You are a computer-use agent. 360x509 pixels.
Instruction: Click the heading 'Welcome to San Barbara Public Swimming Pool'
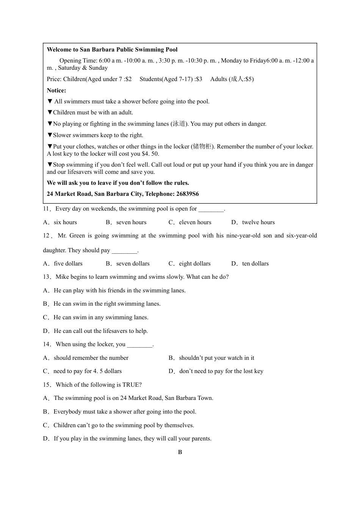click(x=112, y=50)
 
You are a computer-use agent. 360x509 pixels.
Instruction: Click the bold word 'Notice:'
click(x=56, y=91)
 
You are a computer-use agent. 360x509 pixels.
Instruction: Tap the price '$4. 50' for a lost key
click(x=150, y=154)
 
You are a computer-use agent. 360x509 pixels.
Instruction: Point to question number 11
click(x=47, y=209)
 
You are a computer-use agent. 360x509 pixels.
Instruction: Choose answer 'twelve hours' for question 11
click(x=258, y=222)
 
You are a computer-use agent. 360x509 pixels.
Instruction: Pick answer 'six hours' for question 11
click(x=65, y=222)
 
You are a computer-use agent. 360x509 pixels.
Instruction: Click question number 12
click(x=47, y=236)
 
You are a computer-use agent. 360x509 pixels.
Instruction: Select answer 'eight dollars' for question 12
click(x=194, y=264)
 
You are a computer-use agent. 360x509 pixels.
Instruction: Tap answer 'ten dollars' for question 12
click(x=255, y=264)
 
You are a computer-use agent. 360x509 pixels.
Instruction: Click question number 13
click(x=47, y=277)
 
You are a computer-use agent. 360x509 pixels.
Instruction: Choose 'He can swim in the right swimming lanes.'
click(x=107, y=304)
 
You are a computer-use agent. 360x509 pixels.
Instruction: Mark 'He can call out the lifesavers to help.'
click(x=100, y=331)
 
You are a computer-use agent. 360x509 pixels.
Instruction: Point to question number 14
click(x=47, y=344)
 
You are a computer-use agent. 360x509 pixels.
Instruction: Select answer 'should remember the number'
click(x=91, y=358)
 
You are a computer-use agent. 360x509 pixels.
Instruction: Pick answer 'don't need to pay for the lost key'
click(x=221, y=371)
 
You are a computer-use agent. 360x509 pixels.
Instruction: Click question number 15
click(x=47, y=385)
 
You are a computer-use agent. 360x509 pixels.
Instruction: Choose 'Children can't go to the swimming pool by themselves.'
click(x=124, y=425)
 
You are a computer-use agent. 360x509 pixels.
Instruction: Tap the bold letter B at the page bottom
click(x=180, y=452)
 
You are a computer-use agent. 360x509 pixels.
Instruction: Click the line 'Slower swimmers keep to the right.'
click(x=98, y=135)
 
